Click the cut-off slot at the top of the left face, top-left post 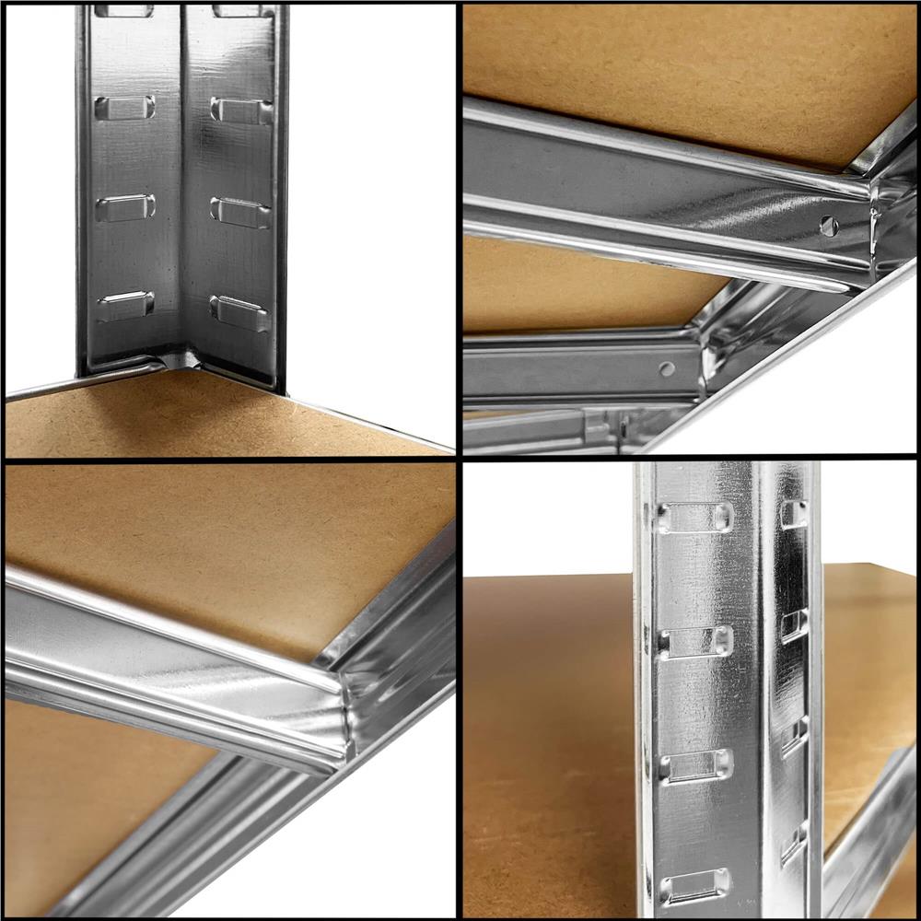click(123, 11)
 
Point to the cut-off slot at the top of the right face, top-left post click(241, 11)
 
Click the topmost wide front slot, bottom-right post click(695, 518)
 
